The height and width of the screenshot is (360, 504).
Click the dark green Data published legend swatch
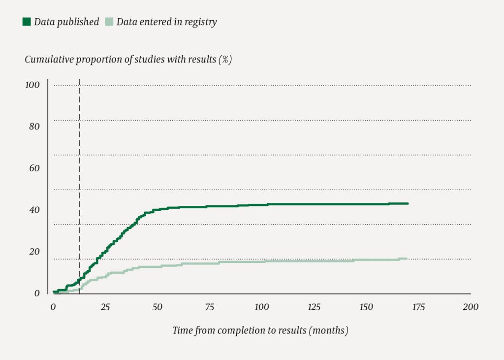pyautogui.click(x=27, y=22)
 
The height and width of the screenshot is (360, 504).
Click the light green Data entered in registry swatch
pyautogui.click(x=109, y=22)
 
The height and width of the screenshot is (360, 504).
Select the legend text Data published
pyautogui.click(x=66, y=22)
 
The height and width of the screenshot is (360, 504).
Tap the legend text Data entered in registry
pyautogui.click(x=166, y=22)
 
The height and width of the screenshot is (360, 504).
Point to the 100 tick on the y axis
pyautogui.click(x=32, y=85)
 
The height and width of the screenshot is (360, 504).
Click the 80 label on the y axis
pyautogui.click(x=34, y=127)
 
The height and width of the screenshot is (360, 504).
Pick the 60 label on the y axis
pyautogui.click(x=34, y=168)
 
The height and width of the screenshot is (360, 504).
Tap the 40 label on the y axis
pyautogui.click(x=34, y=210)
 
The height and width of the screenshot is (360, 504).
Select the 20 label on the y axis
pyautogui.click(x=34, y=252)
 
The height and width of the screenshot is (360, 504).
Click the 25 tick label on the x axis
pyautogui.click(x=105, y=307)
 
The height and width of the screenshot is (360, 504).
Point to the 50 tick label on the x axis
pyautogui.click(x=157, y=307)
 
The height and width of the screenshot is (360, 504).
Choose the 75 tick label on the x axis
pyautogui.click(x=210, y=307)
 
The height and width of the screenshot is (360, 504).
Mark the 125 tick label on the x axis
pyautogui.click(x=314, y=307)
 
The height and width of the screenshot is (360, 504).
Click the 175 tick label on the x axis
pyautogui.click(x=418, y=307)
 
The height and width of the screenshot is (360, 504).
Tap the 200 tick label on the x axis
pyautogui.click(x=471, y=307)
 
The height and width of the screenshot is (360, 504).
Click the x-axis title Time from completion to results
pyautogui.click(x=260, y=330)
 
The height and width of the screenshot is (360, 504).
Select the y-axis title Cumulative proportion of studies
pyautogui.click(x=128, y=60)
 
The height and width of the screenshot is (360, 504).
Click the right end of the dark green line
pyautogui.click(x=408, y=203)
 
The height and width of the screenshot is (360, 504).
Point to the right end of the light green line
pyautogui.click(x=406, y=259)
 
